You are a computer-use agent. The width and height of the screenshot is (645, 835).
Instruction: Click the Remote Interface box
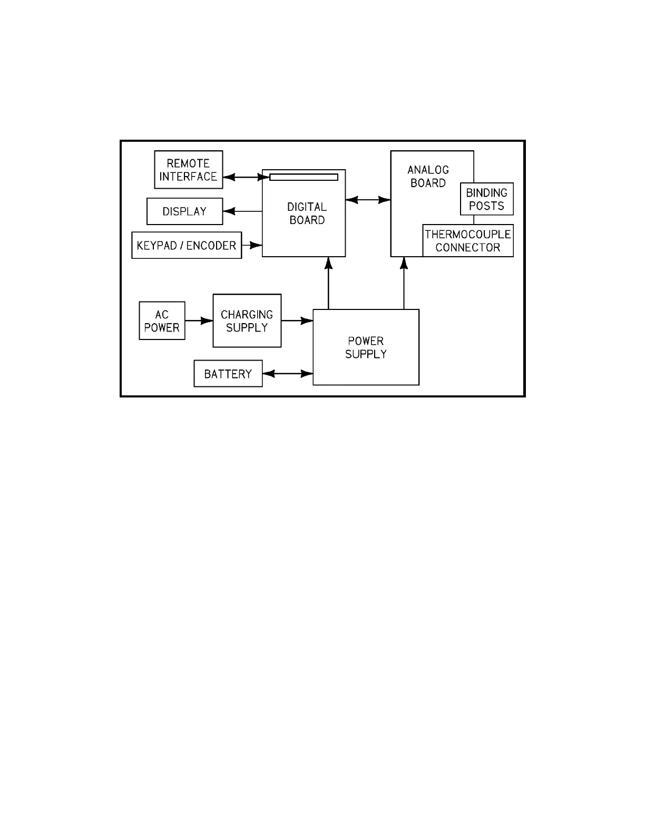188,170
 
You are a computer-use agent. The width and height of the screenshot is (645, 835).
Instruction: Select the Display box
184,211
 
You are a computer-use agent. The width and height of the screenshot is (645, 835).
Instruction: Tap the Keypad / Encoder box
187,246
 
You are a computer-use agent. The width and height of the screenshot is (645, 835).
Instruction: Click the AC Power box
162,321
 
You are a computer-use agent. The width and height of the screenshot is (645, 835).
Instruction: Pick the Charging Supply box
247,321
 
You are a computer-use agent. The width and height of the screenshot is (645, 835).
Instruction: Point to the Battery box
228,374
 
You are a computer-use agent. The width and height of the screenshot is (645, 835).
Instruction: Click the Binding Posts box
486,199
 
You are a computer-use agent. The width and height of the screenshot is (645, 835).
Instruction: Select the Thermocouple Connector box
468,241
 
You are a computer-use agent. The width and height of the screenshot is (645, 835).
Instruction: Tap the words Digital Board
307,213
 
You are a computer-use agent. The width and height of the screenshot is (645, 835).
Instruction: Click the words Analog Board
428,176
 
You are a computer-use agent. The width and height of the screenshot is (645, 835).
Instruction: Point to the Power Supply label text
366,347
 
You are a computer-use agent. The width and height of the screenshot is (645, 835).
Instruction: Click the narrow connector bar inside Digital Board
304,177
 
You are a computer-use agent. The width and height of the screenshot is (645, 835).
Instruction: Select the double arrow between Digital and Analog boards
368,200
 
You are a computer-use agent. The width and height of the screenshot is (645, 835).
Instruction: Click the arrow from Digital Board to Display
242,211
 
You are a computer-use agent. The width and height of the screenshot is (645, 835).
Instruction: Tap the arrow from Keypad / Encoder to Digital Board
252,245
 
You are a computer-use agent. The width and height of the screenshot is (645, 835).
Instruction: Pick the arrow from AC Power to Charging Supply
199,321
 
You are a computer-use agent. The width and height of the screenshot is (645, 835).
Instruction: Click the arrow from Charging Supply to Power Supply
297,321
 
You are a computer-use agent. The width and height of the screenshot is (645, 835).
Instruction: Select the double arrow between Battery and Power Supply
288,374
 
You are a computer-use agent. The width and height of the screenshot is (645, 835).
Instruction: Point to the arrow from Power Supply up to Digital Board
328,283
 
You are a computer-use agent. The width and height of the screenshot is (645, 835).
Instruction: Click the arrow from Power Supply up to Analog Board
404,283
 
